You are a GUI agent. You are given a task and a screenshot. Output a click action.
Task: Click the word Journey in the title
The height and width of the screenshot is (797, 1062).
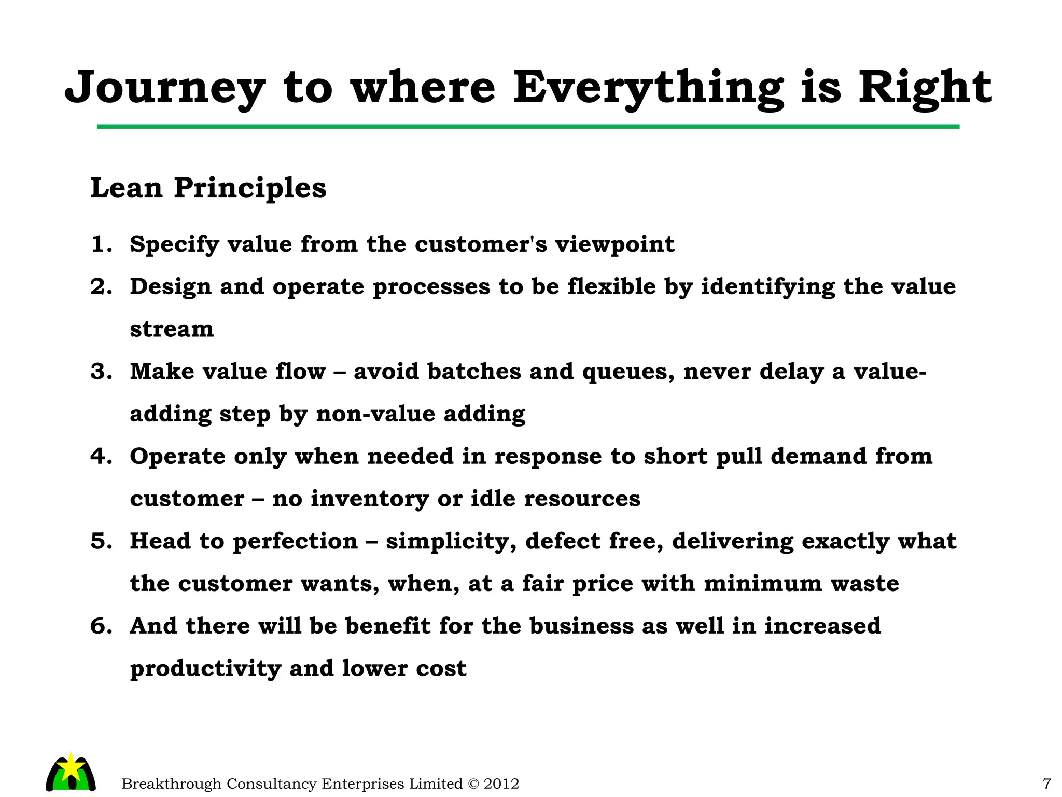click(165, 88)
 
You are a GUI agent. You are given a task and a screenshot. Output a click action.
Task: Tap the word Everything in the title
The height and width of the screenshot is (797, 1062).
click(648, 88)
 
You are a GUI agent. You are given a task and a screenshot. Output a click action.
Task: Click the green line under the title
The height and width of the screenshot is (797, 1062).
click(528, 127)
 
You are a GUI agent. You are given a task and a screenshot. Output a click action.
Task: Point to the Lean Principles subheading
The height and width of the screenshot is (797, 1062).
click(208, 188)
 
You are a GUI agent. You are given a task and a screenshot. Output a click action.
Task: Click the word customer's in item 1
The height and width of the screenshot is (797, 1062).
click(481, 244)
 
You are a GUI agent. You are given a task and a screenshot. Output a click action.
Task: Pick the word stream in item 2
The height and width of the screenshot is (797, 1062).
click(172, 329)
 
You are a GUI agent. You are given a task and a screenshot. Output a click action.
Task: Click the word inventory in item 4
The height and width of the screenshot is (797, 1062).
click(370, 499)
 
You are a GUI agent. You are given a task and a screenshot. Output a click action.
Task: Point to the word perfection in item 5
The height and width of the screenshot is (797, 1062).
click(295, 542)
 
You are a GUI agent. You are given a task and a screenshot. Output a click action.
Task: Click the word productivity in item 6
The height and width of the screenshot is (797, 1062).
click(205, 669)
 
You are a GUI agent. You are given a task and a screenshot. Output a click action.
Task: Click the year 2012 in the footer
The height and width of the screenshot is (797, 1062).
click(501, 784)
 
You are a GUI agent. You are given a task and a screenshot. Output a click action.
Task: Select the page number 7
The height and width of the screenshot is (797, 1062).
click(1046, 784)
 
